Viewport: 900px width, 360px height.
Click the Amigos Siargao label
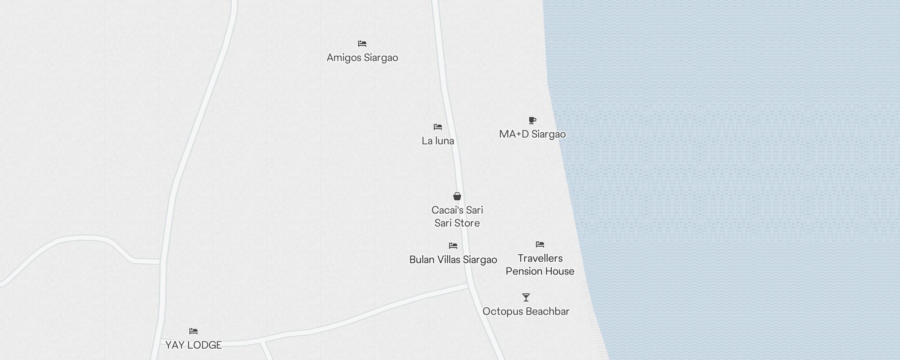362,58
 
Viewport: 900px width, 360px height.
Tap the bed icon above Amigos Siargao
362,44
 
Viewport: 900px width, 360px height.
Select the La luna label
438,141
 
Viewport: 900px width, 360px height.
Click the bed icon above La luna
438,127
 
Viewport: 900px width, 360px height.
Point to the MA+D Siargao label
532,134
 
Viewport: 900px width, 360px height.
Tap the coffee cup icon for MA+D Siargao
532,120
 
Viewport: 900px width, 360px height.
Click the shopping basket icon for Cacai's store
457,196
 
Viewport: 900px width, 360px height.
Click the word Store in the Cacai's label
468,223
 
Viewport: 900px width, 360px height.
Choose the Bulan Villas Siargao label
453,260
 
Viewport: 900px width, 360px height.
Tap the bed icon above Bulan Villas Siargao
453,246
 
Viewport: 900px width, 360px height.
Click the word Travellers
540,258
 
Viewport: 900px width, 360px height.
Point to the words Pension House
540,271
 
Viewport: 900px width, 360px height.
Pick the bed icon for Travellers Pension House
540,244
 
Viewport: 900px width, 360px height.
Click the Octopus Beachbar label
526,311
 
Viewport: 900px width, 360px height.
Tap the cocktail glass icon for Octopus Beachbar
526,297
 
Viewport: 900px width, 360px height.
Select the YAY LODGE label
193,345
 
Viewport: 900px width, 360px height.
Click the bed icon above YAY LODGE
193,331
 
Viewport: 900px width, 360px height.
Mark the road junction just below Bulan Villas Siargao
468,285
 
